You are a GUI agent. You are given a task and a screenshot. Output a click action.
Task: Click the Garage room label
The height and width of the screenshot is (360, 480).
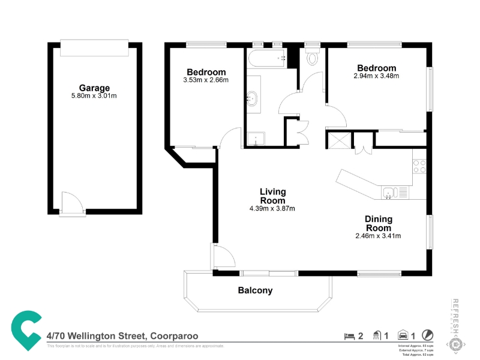coord(94,88)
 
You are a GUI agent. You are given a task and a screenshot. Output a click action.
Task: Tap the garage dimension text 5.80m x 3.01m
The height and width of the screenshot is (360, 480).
coord(94,95)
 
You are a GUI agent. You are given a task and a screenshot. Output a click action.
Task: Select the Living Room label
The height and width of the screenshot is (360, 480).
coord(272,196)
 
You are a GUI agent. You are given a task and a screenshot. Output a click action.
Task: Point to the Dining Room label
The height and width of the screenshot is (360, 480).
coord(378,223)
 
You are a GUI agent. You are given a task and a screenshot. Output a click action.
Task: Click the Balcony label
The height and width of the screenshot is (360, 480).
coord(255,290)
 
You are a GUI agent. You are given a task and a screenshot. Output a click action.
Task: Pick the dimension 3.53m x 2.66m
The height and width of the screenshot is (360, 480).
coord(206,80)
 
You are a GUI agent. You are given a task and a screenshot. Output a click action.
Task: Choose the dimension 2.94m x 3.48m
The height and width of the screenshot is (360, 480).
coord(376,76)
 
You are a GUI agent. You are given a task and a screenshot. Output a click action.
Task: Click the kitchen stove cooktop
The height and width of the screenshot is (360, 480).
coord(419,166)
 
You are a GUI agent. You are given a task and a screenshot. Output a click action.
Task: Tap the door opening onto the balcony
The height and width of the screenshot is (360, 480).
coord(223,258)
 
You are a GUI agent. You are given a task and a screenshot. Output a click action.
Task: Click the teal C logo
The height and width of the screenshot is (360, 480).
coord(25,329)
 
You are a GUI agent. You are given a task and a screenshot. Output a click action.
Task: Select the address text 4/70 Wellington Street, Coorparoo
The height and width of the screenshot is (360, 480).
coord(122,337)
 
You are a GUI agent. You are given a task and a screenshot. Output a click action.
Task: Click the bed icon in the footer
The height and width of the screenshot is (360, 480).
coord(348,336)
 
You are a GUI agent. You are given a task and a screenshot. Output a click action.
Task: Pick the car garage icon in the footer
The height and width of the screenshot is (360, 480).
coord(403,336)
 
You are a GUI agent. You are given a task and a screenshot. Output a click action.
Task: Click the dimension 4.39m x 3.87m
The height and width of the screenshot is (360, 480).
coord(272,209)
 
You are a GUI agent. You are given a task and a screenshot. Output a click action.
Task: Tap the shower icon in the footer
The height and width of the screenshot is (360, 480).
coord(377,336)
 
